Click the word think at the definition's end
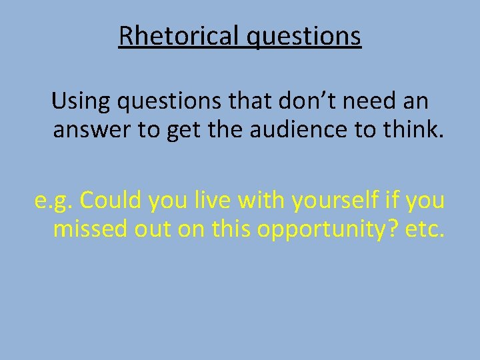(413, 131)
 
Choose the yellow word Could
(111, 200)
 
